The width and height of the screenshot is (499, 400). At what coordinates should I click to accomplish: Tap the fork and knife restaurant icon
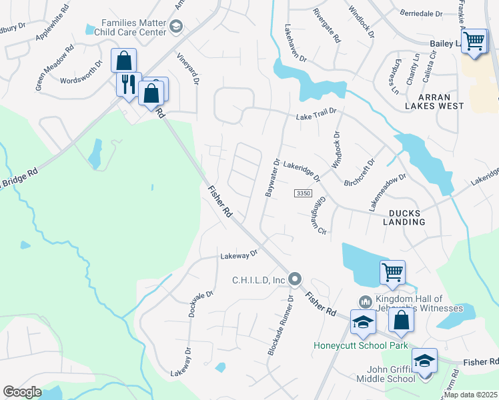pyautogui.click(x=126, y=85)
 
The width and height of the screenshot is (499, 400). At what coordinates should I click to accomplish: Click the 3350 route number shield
pyautogui.click(x=303, y=193)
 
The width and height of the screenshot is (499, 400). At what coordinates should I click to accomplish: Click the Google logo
pyautogui.click(x=22, y=392)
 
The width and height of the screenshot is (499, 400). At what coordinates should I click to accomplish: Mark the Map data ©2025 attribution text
pyautogui.click(x=470, y=395)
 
